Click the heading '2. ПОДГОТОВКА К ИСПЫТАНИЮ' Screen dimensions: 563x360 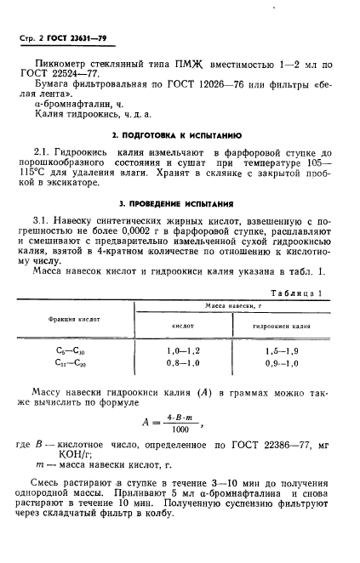[179, 135]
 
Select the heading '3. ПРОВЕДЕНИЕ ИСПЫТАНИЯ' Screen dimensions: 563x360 [180, 205]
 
